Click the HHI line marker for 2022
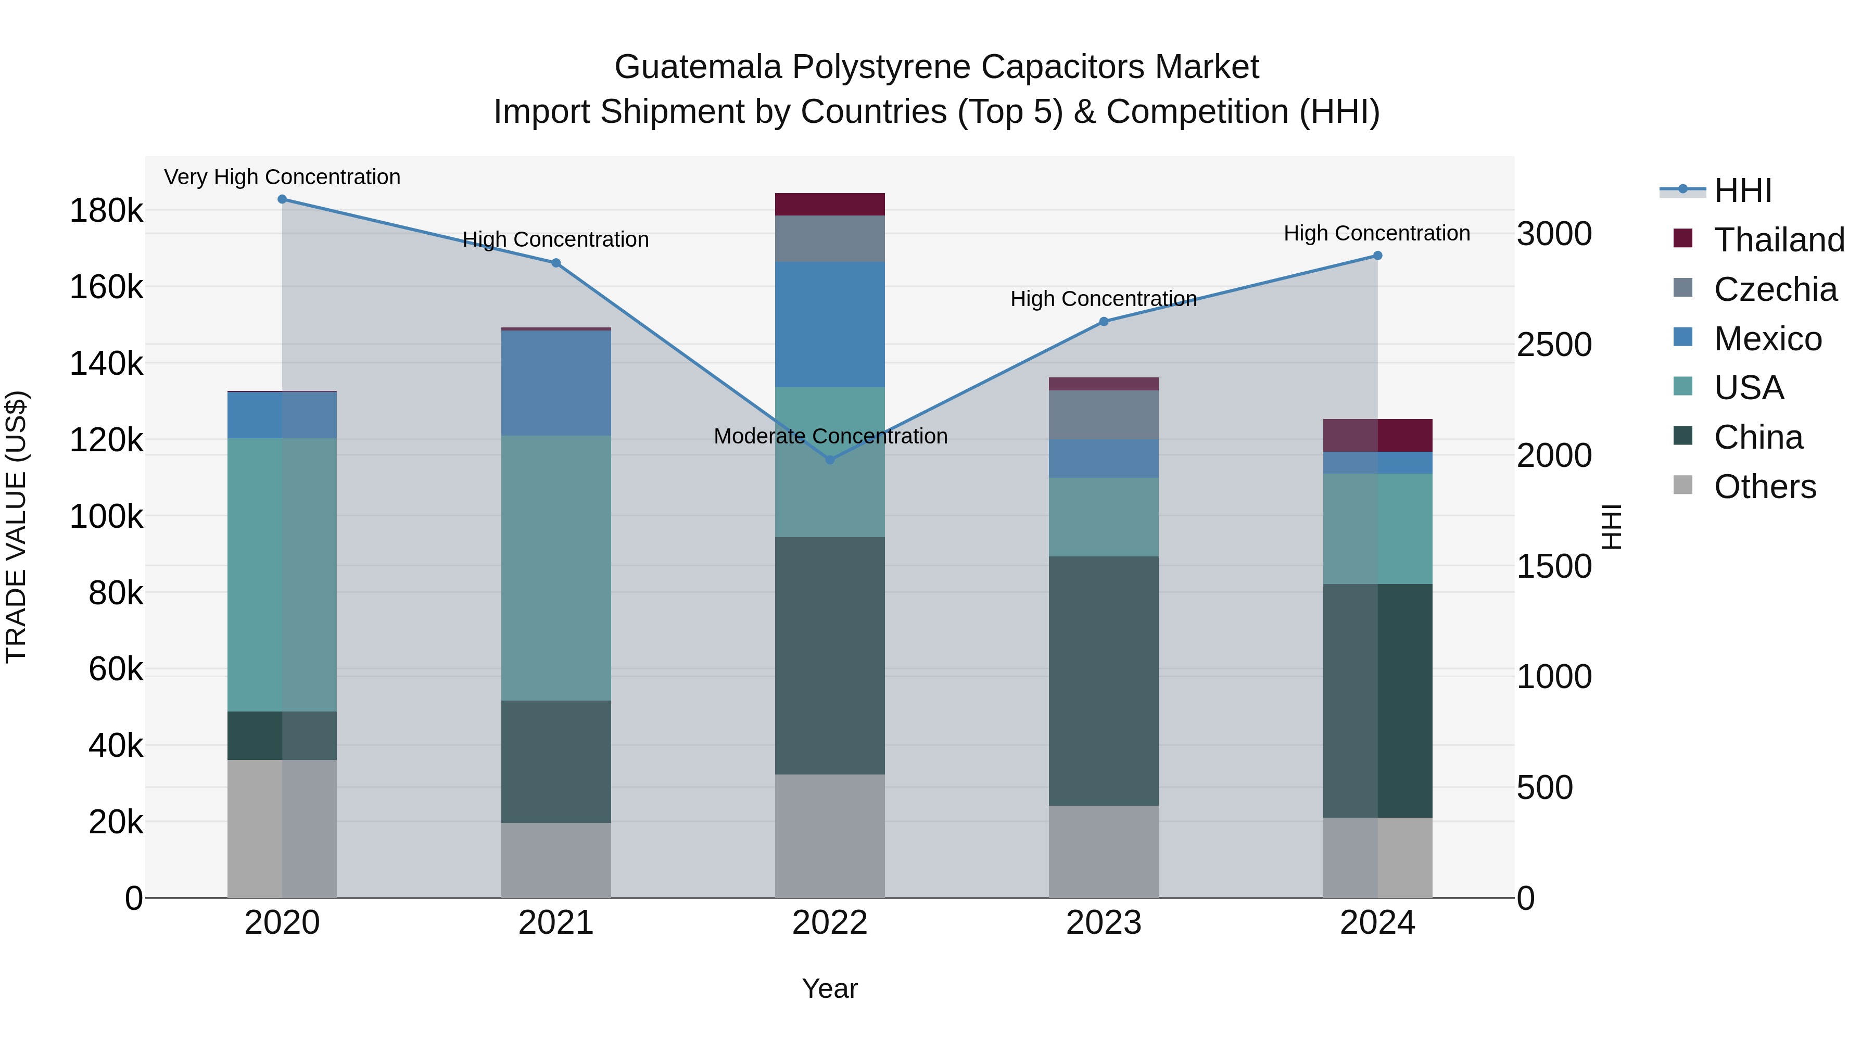pyautogui.click(x=830, y=460)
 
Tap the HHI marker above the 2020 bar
pyautogui.click(x=282, y=199)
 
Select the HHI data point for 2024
pyautogui.click(x=1377, y=256)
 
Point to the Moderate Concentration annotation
pyautogui.click(x=830, y=437)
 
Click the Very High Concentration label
pyautogui.click(x=282, y=177)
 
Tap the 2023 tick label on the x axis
pyautogui.click(x=1104, y=923)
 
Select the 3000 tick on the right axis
pyautogui.click(x=1554, y=234)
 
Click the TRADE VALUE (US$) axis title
pyautogui.click(x=17, y=527)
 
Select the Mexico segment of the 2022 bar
pyautogui.click(x=830, y=324)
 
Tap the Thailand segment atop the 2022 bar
pyautogui.click(x=830, y=205)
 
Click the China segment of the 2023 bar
pyautogui.click(x=1104, y=681)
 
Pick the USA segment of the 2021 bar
pyautogui.click(x=556, y=568)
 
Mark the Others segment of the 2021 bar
pyautogui.click(x=556, y=860)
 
